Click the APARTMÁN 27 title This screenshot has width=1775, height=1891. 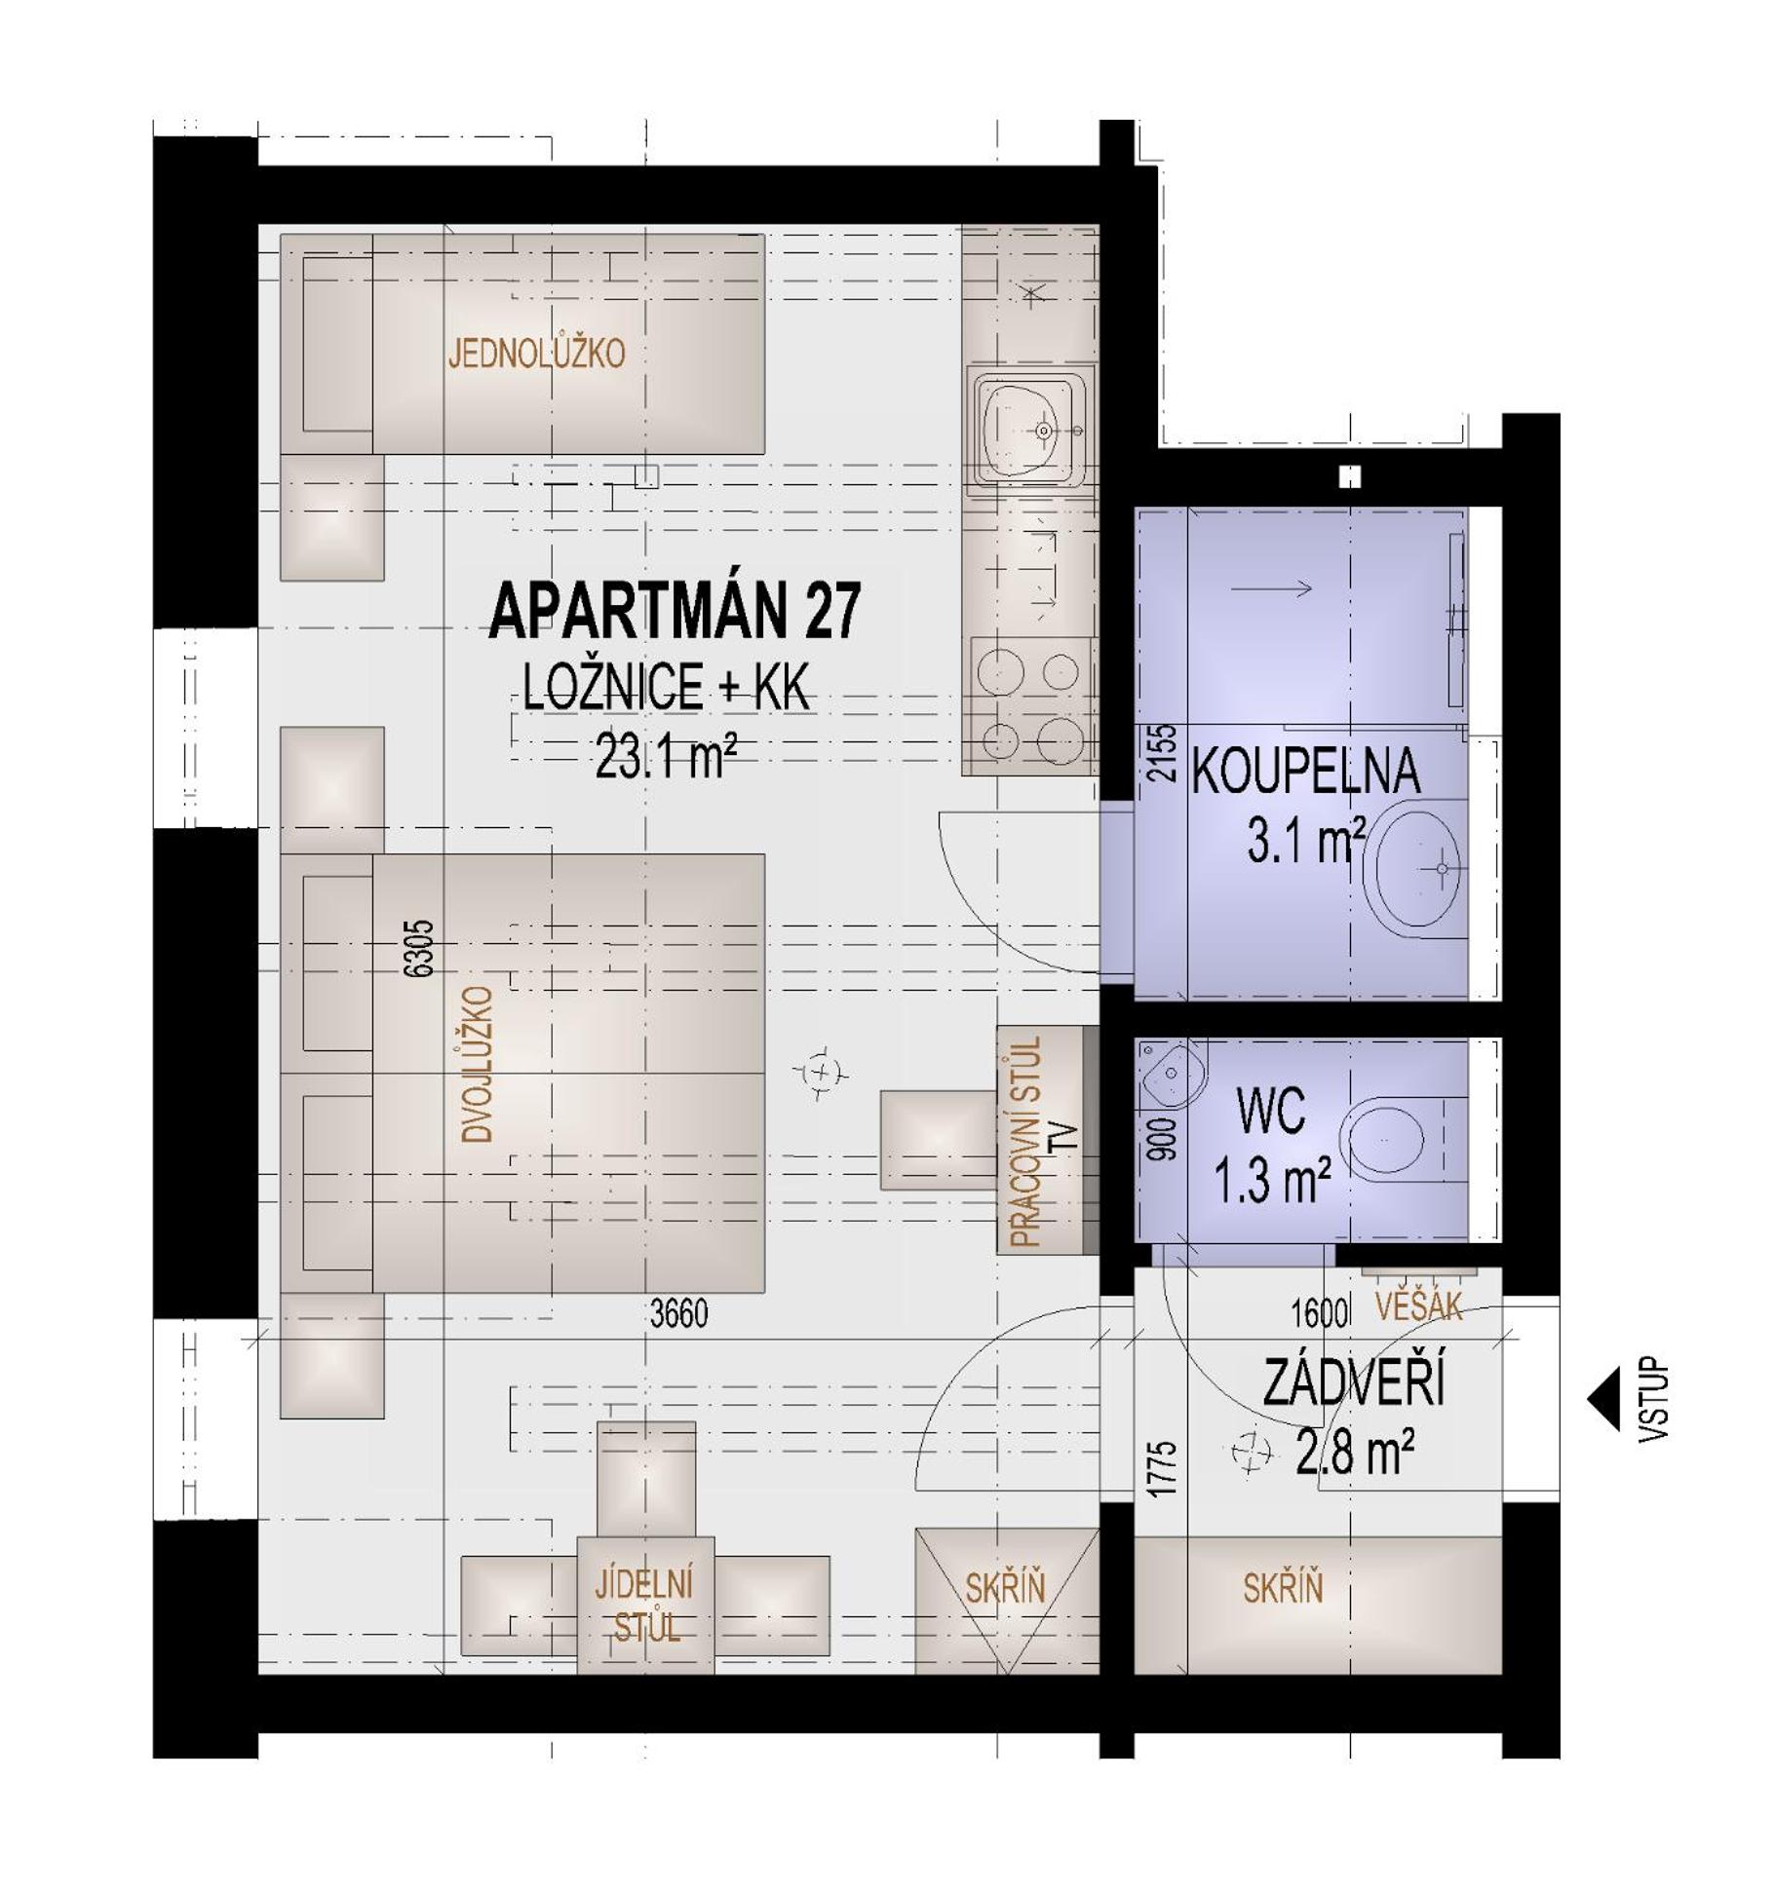point(675,611)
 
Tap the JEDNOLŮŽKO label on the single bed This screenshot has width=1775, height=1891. point(536,353)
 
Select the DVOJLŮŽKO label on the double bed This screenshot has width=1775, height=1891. point(478,1063)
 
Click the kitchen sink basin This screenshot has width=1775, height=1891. point(1022,429)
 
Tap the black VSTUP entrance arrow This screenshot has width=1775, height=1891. point(1602,1399)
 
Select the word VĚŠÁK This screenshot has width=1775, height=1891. point(1418,1305)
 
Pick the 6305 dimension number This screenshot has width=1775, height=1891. point(419,949)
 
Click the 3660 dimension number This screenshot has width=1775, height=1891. point(678,1314)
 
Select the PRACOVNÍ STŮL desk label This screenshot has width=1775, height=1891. point(1026,1141)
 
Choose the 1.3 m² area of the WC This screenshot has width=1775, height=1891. point(1272,1182)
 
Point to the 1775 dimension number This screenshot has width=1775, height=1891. point(1162,1469)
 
